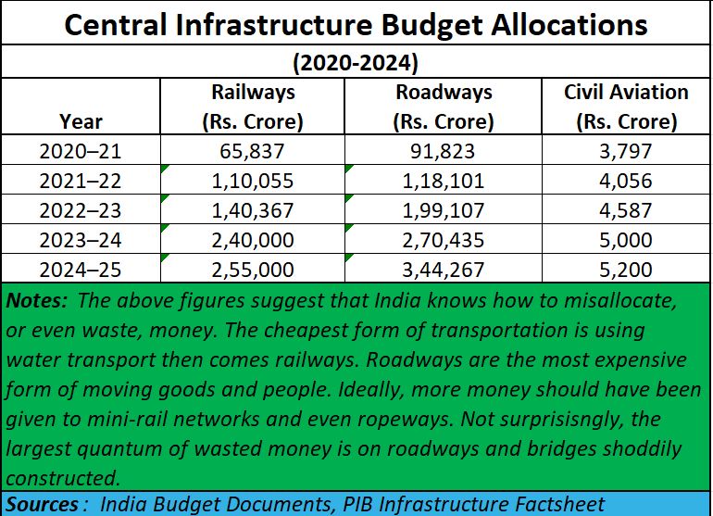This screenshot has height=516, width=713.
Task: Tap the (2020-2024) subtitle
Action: point(356,64)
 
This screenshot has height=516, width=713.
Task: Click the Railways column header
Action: point(253,107)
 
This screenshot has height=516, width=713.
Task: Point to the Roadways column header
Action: point(444,107)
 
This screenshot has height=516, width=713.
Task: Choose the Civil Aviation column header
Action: point(626,107)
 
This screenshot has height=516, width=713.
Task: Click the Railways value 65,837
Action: point(253,150)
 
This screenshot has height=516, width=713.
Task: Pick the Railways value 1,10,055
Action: point(253,181)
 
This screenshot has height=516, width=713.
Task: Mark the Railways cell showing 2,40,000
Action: point(253,241)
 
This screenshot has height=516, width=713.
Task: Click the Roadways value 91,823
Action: point(444,150)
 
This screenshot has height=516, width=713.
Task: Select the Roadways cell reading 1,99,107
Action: point(444,210)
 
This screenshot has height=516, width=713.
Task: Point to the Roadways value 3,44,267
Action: point(444,271)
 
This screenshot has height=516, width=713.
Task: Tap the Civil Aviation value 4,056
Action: point(626,181)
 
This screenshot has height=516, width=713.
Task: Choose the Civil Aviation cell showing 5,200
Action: point(626,271)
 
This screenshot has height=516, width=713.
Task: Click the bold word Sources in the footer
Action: point(41,504)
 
